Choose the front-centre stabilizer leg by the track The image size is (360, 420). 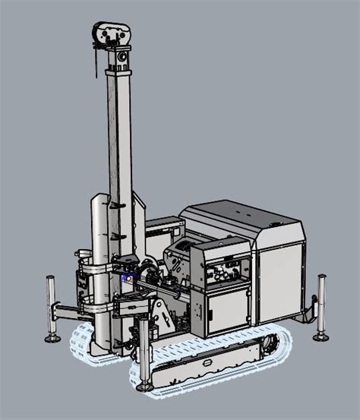coord(143,349)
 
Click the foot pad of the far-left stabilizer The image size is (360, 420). coord(52,338)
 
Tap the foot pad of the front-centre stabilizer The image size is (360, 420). coord(143,386)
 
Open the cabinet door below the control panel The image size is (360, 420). coord(227,311)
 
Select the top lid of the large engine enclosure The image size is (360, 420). coord(243,216)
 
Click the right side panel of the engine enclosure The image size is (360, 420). coord(280,281)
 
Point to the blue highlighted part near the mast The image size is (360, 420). coord(126,279)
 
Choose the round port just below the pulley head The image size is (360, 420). coord(119,56)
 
